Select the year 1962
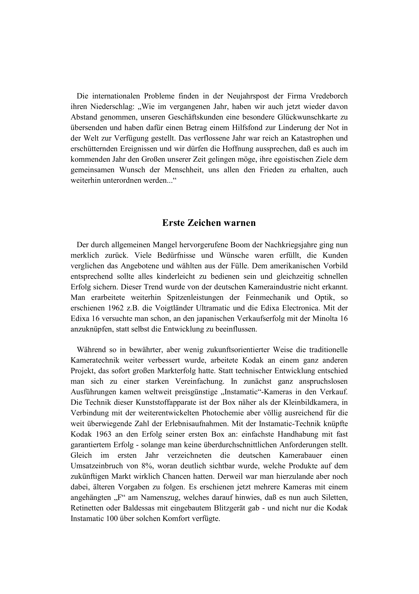(x=112, y=308)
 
